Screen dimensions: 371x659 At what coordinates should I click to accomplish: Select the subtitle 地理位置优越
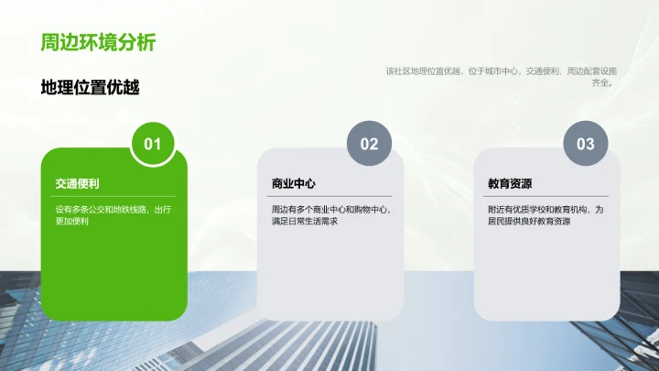pos(90,87)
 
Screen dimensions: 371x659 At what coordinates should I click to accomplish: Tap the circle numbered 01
pos(153,144)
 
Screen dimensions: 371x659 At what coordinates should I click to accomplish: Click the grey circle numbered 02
pos(369,144)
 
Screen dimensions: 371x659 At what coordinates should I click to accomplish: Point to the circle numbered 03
pos(585,144)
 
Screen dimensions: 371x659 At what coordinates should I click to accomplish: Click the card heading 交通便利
pos(77,183)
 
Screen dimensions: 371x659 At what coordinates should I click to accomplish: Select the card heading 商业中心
pos(293,183)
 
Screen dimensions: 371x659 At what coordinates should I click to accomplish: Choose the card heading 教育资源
pos(510,183)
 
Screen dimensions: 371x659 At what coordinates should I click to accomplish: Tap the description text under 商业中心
pos(329,215)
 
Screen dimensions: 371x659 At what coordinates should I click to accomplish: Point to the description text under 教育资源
pos(546,215)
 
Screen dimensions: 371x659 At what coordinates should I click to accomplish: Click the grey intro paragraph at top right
pos(501,76)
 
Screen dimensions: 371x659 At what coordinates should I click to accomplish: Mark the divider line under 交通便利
pos(114,196)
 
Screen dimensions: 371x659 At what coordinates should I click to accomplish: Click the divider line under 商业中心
pos(330,196)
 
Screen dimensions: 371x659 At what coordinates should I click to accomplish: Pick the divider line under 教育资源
pos(546,196)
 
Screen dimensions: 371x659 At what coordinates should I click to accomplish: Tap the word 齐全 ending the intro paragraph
pos(600,82)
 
